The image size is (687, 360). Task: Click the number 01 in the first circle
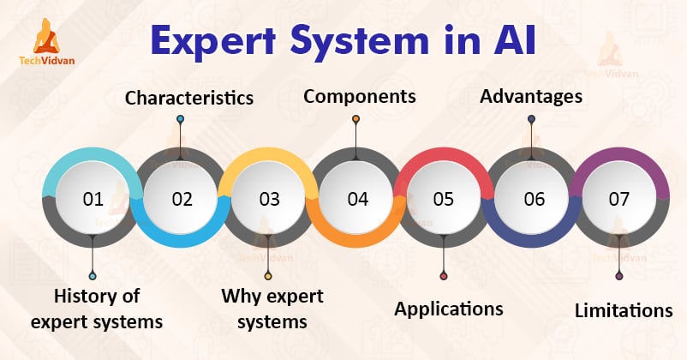click(93, 200)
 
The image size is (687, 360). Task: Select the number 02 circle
click(181, 200)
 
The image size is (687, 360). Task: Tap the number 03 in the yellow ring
click(269, 200)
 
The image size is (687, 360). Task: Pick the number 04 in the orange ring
click(357, 200)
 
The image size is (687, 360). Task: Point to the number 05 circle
click(443, 200)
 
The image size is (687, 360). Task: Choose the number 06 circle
click(533, 200)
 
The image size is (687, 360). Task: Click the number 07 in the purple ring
click(618, 200)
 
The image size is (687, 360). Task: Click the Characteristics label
click(189, 98)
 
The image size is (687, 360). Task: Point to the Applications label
click(448, 309)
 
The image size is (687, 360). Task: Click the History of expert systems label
click(96, 309)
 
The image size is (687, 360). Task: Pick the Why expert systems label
click(272, 309)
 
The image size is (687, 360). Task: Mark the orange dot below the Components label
click(356, 119)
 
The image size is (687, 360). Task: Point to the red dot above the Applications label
click(443, 276)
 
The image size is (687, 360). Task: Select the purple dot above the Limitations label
click(619, 276)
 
